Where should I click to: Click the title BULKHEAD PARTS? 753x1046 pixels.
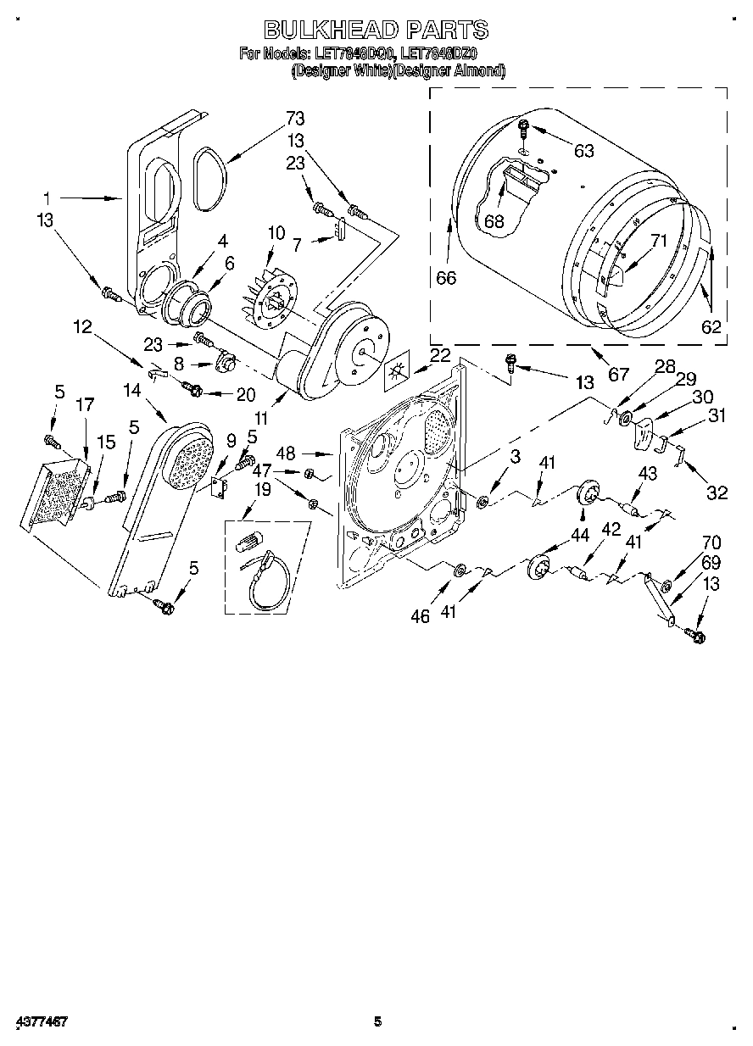click(376, 31)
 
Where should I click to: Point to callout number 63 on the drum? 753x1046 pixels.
click(583, 152)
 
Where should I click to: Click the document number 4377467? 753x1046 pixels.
click(41, 1021)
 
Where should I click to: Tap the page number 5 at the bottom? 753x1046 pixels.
click(378, 1021)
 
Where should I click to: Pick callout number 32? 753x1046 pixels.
click(717, 492)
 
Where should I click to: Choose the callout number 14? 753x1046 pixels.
click(131, 391)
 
